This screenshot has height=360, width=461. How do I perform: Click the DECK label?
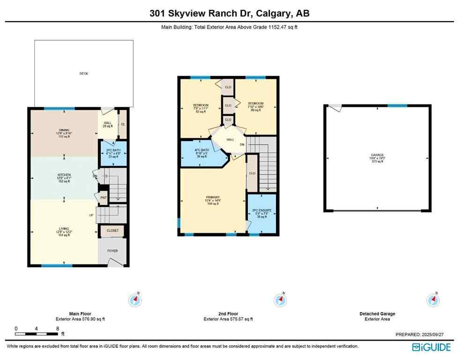pos(83,74)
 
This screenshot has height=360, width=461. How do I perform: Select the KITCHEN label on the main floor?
pos(64,175)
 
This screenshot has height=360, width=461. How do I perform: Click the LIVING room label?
pos(64,229)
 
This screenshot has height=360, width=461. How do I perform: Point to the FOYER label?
pos(112,251)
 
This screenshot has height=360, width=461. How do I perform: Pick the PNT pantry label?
pos(104,197)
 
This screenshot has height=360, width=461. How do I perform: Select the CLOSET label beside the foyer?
pos(112,231)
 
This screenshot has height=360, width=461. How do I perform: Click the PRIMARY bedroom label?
pos(213,197)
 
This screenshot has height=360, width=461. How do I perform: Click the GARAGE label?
pos(377,155)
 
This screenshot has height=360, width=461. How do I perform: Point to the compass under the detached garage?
pos(432,300)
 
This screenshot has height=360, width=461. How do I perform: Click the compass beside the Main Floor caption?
pos(135,299)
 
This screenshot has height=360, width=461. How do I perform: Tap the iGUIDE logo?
pos(431,347)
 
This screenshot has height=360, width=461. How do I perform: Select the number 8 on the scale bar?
pos(57,329)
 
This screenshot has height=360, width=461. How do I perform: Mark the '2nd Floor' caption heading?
pos(228,314)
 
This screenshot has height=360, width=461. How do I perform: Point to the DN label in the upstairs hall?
pos(242,144)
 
